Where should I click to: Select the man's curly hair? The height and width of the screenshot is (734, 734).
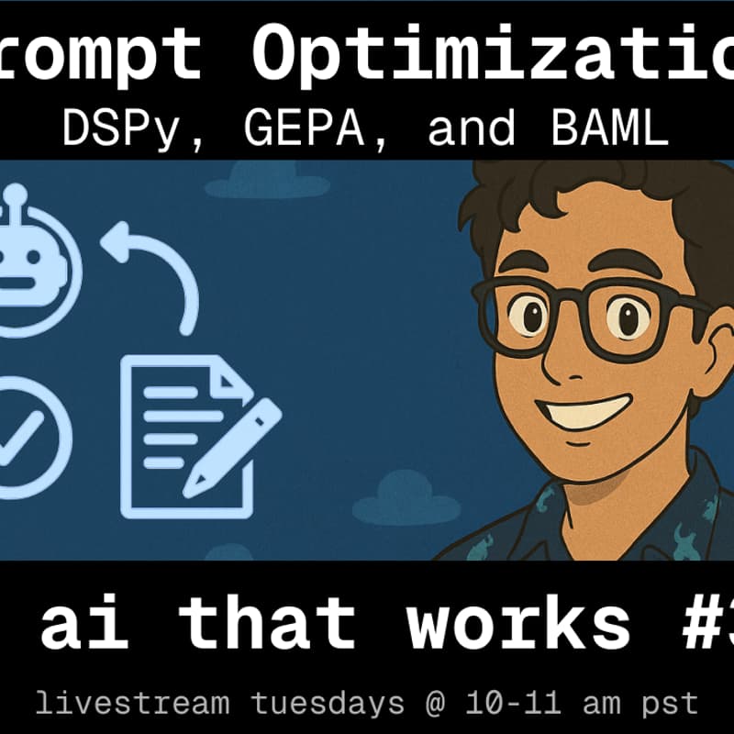click(x=587, y=197)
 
